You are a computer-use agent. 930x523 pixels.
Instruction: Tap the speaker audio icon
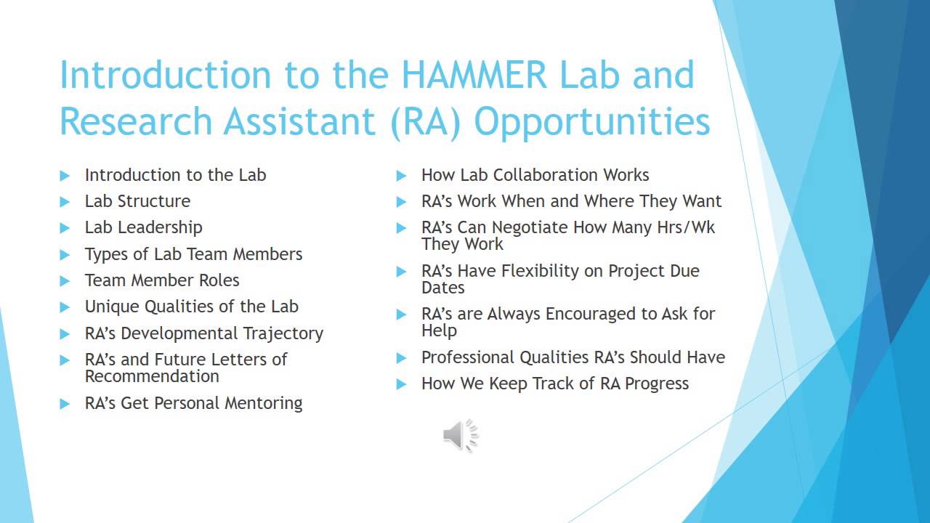tap(461, 436)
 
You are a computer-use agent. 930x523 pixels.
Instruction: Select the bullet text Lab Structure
tap(137, 201)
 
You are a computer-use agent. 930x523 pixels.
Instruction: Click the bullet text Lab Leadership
tap(143, 227)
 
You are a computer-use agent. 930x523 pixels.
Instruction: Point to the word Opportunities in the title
tap(592, 122)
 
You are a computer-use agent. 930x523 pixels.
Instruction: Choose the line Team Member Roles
tap(162, 280)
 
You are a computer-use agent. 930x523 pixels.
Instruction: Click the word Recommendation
tap(152, 376)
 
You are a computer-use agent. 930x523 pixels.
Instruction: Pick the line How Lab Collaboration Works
tap(535, 175)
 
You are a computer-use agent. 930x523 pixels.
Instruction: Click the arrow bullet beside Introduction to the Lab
tap(65, 176)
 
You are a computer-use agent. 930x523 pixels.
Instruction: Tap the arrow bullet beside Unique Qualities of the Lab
tap(65, 307)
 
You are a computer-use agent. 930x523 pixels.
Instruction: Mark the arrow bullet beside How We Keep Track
tap(402, 384)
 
